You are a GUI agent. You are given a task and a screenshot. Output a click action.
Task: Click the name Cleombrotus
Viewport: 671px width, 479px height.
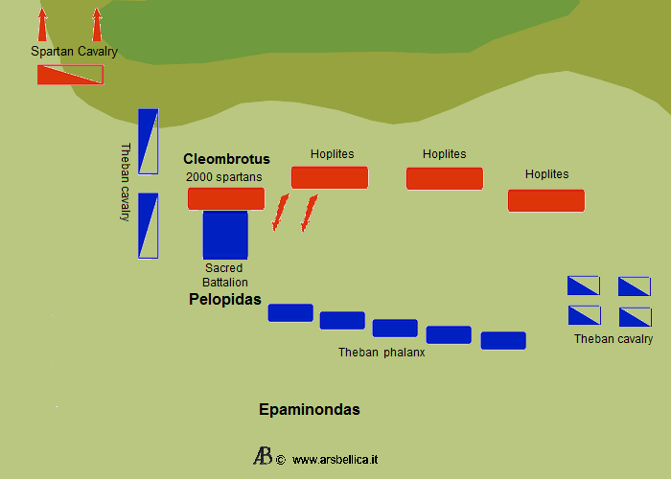226,159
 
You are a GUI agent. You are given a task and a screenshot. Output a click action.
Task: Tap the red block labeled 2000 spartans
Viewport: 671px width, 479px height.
226,198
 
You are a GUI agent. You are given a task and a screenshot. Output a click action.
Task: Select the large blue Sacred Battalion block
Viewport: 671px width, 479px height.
225,235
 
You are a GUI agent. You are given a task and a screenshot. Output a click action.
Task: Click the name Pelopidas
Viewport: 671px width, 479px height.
224,300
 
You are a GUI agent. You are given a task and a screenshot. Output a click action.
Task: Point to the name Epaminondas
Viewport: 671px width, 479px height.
310,410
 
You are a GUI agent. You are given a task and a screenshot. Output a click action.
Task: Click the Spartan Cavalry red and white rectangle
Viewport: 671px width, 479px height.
70,75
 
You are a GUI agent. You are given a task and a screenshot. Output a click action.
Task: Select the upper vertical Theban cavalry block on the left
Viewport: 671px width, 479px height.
148,141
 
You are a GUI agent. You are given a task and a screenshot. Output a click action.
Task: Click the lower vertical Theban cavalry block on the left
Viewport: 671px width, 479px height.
148,225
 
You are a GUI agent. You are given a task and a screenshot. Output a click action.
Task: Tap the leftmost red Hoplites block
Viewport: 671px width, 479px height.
330,177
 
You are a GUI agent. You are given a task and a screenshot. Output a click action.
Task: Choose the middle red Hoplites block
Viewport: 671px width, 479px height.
445,178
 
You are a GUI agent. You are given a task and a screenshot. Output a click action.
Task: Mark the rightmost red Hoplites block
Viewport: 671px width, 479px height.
546,200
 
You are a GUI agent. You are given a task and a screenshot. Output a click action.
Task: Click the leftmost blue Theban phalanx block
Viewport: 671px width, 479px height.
290,312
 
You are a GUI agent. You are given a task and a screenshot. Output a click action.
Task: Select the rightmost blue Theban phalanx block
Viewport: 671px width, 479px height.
503,340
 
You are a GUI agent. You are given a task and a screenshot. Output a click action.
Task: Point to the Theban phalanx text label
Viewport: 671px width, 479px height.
382,353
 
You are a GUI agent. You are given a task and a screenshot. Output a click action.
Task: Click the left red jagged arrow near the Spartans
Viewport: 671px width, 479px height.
280,212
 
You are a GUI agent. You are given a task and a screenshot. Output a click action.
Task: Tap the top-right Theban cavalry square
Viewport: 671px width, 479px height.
635,285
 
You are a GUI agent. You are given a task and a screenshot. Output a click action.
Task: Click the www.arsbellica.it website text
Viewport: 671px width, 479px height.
335,460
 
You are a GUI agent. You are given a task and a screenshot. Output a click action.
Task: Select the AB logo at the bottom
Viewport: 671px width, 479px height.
263,456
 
